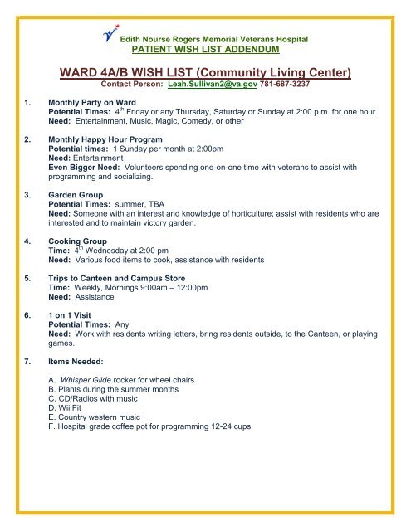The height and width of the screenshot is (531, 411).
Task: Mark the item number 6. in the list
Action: click(30, 315)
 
